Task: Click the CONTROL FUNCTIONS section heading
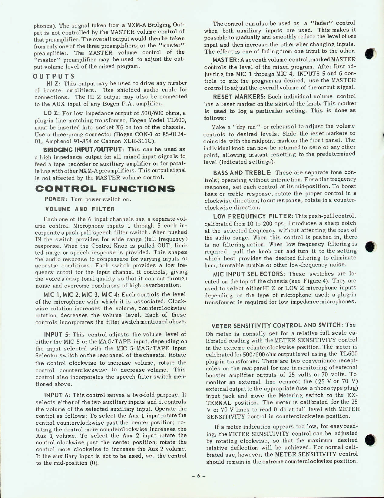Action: point(105,189)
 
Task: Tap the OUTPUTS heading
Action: point(54,76)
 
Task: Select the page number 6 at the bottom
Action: point(199,476)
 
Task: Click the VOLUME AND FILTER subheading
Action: point(80,209)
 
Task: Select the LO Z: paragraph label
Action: point(51,113)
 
